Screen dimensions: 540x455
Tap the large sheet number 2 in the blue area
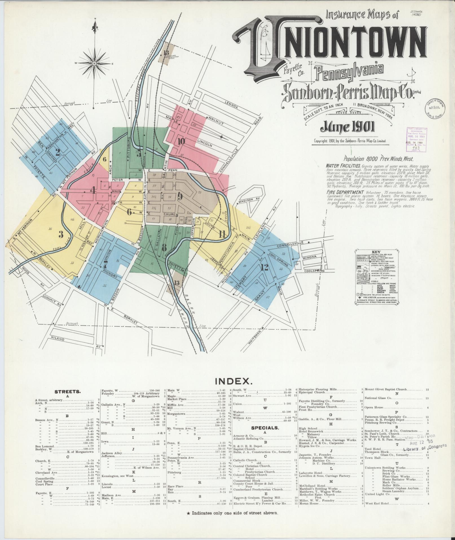[x=58, y=153]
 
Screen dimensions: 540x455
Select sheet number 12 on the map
[x=264, y=267]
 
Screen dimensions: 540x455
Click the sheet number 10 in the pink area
[x=181, y=141]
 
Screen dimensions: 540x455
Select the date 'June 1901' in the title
[x=347, y=128]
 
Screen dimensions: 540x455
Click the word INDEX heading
[x=233, y=381]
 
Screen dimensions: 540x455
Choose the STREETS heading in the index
[x=68, y=392]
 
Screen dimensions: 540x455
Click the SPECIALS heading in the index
[x=265, y=428]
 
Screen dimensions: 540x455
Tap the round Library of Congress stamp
[x=436, y=108]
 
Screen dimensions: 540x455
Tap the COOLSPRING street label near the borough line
[x=314, y=271]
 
